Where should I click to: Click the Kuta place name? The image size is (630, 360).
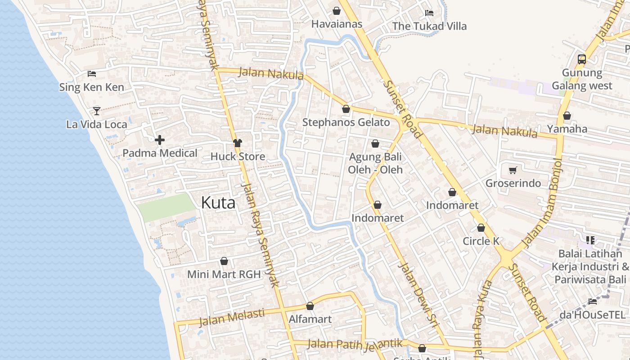pos(218,202)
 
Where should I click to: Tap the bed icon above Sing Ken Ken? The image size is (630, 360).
pos(92,74)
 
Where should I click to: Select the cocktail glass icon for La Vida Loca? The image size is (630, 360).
pos(97,111)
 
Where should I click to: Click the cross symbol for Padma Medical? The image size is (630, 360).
pos(160,140)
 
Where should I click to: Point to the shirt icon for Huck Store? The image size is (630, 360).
pos(238,143)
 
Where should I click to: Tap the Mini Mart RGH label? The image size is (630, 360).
pos(224,274)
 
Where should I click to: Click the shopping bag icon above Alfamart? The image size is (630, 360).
pos(310,306)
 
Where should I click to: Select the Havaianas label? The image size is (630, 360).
pos(337,24)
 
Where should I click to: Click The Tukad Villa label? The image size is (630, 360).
pos(429,26)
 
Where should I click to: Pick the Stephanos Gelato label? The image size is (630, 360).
pos(346,122)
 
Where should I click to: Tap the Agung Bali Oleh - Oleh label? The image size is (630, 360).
pos(375,163)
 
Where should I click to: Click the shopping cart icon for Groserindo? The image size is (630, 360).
pos(513,170)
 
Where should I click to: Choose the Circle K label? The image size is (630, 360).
pos(481,241)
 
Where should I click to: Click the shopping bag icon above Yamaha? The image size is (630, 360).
pos(567,116)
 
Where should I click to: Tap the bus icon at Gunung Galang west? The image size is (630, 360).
pos(582,59)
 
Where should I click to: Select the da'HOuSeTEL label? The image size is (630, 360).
pos(592,315)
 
